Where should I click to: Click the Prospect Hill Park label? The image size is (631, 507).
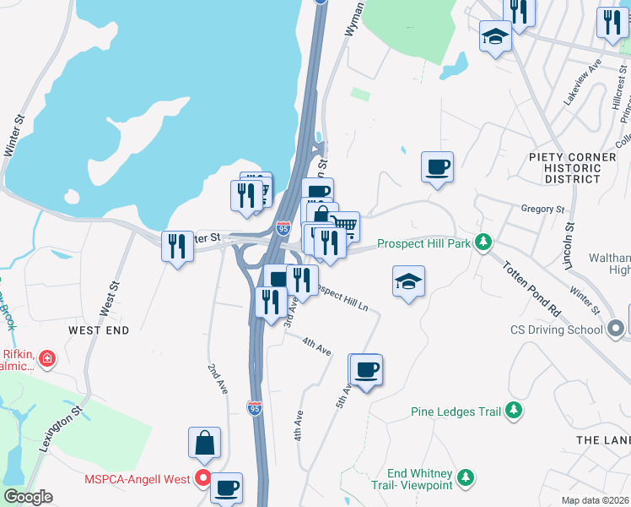click(423, 243)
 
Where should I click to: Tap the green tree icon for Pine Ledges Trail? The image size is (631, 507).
click(513, 412)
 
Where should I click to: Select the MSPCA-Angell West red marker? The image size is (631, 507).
click(202, 479)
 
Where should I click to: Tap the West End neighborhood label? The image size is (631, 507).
click(99, 330)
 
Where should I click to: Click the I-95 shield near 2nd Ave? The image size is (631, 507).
click(255, 408)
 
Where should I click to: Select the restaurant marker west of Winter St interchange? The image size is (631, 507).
click(176, 246)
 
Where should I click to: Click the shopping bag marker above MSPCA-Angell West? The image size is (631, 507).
click(204, 442)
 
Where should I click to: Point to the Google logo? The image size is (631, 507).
click(27, 497)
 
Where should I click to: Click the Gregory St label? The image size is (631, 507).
click(542, 209)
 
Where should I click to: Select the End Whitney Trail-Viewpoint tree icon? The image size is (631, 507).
click(466, 479)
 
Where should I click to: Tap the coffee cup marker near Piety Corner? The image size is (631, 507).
click(437, 166)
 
